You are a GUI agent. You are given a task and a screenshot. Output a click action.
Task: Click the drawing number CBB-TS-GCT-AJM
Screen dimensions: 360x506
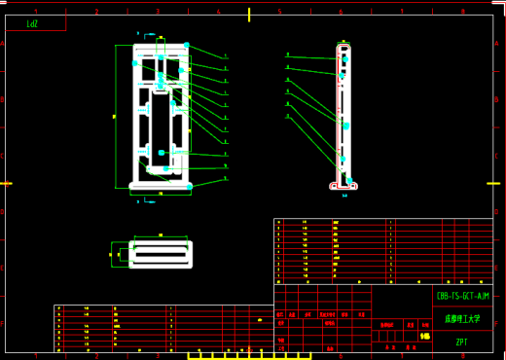462,295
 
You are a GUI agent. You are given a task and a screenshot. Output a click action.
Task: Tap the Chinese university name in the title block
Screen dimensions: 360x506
461,318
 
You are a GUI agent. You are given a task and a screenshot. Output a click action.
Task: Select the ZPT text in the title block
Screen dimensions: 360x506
461,342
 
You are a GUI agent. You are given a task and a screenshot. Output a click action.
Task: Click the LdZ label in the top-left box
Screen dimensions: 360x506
32,22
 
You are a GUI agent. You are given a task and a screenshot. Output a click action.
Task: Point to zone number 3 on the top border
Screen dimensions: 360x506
157,12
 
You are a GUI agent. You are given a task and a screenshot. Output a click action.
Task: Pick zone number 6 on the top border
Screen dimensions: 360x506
340,12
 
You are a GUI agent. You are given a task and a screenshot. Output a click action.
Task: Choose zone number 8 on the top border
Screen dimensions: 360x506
461,12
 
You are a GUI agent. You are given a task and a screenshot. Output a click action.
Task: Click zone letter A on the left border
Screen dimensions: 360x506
4,44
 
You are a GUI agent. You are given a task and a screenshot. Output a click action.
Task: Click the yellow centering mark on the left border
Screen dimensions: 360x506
6,183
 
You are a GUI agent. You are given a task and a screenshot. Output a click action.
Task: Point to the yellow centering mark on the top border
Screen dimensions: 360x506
250,14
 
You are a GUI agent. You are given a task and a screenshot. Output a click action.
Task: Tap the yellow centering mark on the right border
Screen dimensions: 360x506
499,183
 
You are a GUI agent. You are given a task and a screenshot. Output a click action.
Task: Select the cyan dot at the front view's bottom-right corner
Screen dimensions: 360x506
190,185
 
